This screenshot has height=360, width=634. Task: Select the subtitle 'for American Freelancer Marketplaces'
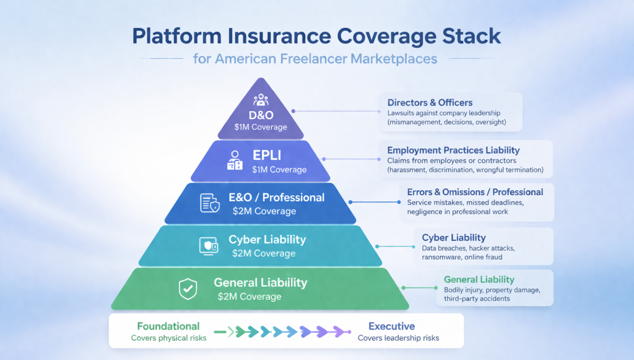click(x=315, y=59)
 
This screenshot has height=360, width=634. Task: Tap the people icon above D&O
click(x=260, y=100)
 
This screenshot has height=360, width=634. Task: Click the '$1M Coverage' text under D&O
click(x=261, y=127)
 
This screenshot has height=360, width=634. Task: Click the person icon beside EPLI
click(x=234, y=160)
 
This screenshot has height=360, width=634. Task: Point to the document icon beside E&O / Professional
click(x=209, y=203)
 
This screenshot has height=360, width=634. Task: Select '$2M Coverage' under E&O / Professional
click(x=264, y=211)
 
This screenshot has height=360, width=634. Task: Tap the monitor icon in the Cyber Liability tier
click(x=208, y=245)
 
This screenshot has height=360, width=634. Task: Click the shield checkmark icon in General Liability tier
click(x=188, y=288)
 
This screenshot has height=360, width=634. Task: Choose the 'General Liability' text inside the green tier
click(x=260, y=283)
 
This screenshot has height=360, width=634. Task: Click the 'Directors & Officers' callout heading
click(x=430, y=103)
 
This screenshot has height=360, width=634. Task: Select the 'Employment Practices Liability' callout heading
click(x=453, y=150)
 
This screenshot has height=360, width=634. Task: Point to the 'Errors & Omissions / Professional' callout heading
click(x=475, y=192)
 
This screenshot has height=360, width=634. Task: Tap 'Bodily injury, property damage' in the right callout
click(x=492, y=290)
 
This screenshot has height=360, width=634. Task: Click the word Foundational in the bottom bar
click(x=168, y=326)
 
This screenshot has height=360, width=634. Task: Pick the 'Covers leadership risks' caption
click(x=398, y=338)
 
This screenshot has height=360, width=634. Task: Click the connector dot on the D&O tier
click(x=293, y=112)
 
